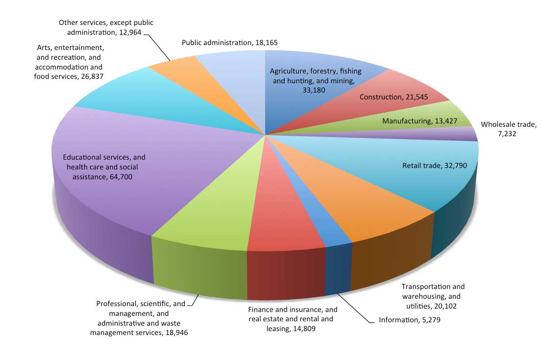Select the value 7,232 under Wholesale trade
pos(506,133)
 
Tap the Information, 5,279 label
pos(413,320)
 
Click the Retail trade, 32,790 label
pos(431,165)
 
